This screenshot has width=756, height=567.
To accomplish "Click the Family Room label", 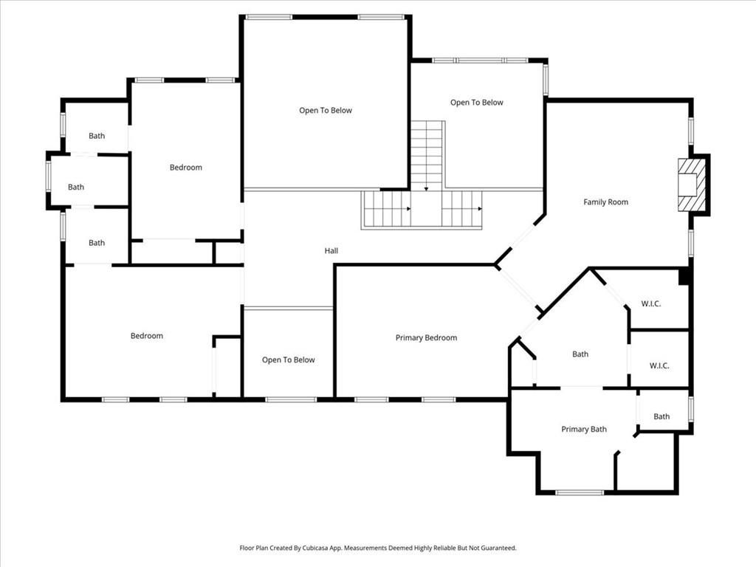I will [605, 202].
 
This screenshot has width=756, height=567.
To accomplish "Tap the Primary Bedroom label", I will [426, 338].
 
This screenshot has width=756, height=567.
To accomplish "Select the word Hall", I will [331, 251].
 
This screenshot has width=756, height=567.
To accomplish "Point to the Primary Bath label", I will [583, 430].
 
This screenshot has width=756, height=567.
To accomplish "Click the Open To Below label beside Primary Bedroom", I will [288, 360].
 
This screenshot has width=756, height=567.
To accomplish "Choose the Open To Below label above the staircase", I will [476, 103].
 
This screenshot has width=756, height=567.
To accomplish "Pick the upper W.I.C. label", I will [650, 303].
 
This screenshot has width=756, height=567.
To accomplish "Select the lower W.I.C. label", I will [659, 366].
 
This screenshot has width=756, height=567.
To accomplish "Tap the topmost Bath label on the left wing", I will [97, 136].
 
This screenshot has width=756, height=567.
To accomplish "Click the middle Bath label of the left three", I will [76, 188].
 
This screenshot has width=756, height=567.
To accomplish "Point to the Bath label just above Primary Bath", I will [580, 354].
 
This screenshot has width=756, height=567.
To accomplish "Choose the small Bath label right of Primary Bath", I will [661, 417].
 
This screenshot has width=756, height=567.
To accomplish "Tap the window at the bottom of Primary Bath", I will [579, 492].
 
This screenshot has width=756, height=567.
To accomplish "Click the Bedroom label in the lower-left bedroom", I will [146, 337].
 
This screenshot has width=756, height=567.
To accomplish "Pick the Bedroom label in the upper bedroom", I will [185, 168].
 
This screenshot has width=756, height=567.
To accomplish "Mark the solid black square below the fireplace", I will [684, 276].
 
